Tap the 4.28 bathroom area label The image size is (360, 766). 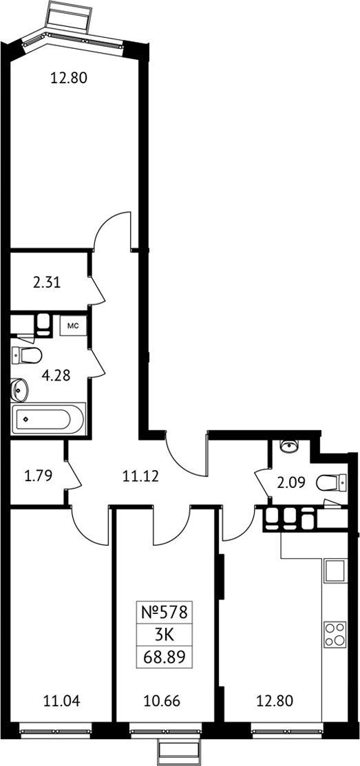click(56, 375)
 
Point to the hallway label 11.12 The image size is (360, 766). click(140, 476)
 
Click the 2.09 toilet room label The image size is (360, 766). click(292, 482)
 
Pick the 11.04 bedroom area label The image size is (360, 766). click(61, 702)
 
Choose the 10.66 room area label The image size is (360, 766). click(162, 702)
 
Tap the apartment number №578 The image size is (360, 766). click(164, 612)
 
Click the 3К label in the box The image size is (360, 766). click(165, 635)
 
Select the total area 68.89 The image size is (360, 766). click(165, 658)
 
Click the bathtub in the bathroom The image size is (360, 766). click(49, 418)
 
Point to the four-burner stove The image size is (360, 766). click(335, 634)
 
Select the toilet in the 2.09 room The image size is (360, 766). click(332, 483)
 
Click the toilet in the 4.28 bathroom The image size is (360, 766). click(26, 355)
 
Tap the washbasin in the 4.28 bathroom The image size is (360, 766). click(19, 390)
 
